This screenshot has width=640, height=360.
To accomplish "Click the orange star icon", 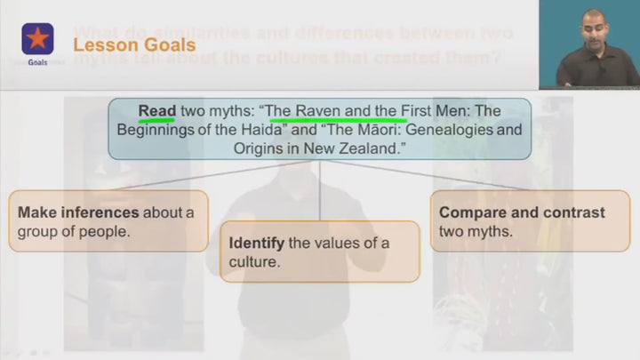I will pyautogui.click(x=37, y=38).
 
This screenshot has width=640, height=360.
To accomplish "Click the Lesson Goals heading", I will pyautogui.click(x=133, y=44).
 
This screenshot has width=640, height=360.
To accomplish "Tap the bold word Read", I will pyautogui.click(x=156, y=111).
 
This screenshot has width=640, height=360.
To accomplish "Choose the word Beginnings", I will pyautogui.click(x=155, y=131).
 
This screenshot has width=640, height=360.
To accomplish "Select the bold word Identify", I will pyautogui.click(x=256, y=243).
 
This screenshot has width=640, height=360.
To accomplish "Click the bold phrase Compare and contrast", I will pyautogui.click(x=522, y=212).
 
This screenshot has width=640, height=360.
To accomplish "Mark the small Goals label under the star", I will pyautogui.click(x=37, y=63).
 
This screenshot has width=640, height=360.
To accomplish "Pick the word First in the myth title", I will pyautogui.click(x=423, y=111).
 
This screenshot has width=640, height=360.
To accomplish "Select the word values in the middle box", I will pyautogui.click(x=339, y=243).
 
